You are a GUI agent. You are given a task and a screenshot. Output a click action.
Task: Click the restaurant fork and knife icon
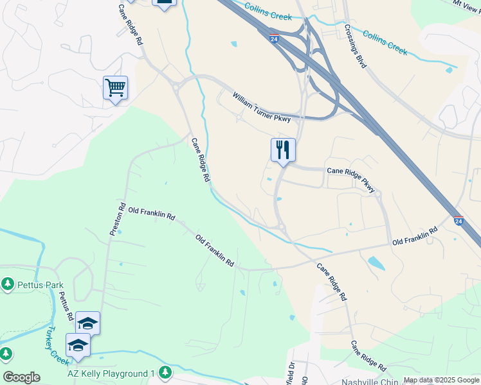coord(283,150)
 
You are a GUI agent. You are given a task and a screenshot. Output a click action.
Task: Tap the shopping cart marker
coord(115,87)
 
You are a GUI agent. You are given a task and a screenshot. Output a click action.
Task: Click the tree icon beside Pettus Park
coord(7,283)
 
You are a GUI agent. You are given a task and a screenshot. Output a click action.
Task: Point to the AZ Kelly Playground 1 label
coord(112,373)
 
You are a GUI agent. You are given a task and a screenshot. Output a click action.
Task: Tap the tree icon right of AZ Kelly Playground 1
coord(166,372)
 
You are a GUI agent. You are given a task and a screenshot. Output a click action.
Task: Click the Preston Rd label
coord(117,219)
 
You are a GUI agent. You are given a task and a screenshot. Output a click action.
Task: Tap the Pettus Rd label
coord(66,306)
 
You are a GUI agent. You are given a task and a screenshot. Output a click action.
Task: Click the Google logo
coord(21,377)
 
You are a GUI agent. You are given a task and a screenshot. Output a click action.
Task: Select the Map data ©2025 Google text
coord(441,380)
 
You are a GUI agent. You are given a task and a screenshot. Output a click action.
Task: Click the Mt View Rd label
coord(467,3)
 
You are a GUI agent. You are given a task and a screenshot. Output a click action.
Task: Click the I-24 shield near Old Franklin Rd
coord(458,220)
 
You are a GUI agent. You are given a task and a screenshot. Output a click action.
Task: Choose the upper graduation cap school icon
coord(88,323)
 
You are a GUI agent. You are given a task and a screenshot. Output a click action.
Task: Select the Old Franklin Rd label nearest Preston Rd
coord(152,214)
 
